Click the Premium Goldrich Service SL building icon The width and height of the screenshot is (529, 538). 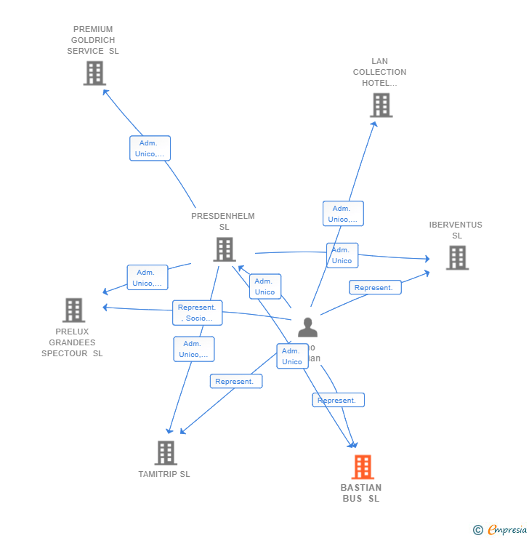[x=94, y=73]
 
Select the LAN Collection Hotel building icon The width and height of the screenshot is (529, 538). [x=381, y=105]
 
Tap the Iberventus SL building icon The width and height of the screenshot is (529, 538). [x=457, y=257]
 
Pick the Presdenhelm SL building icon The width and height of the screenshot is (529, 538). [x=224, y=249]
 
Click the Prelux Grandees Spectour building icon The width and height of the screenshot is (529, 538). [x=73, y=310]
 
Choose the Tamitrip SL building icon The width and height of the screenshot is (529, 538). [x=166, y=453]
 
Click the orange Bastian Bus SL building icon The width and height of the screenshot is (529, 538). [x=363, y=467]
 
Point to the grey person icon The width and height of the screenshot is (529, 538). [x=307, y=328]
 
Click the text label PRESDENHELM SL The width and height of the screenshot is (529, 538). [x=223, y=221]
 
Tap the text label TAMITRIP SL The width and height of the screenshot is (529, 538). [x=164, y=474]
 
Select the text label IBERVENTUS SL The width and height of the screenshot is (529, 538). [x=456, y=230]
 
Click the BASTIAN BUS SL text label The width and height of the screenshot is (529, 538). [x=361, y=493]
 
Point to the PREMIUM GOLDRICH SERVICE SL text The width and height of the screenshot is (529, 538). [x=93, y=40]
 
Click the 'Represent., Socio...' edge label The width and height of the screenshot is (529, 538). [x=197, y=313]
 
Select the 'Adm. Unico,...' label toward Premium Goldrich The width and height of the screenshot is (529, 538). [x=150, y=148]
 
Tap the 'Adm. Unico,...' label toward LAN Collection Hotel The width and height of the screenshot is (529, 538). [x=343, y=214]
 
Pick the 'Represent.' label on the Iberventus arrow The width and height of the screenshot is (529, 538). [x=375, y=287]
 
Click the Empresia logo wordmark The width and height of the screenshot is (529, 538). [x=507, y=530]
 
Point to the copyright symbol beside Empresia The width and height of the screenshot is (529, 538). [x=477, y=530]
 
